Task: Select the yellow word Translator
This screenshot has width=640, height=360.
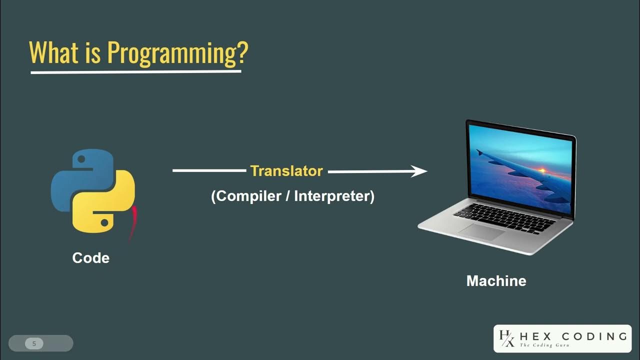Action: click(x=286, y=171)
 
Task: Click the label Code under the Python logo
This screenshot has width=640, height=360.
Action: click(x=90, y=258)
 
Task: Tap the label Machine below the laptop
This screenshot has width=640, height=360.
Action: click(x=496, y=281)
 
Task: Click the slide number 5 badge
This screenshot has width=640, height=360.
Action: click(x=34, y=343)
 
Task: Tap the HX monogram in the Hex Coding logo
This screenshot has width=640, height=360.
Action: click(x=506, y=338)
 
